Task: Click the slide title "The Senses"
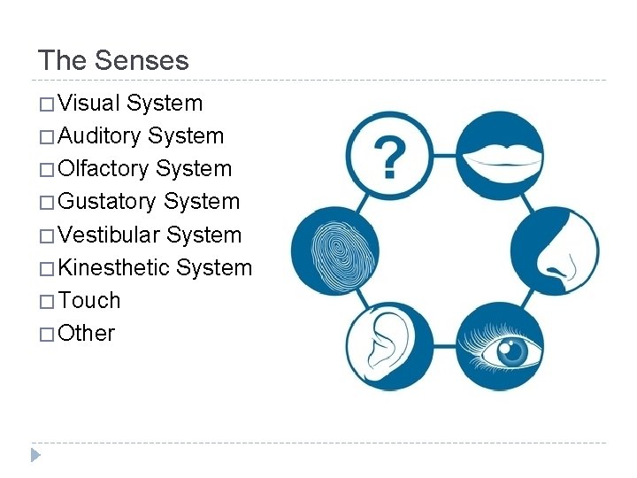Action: click(x=113, y=60)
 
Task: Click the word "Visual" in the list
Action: click(x=88, y=104)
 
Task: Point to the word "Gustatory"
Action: click(x=107, y=202)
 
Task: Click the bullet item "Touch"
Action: click(x=89, y=300)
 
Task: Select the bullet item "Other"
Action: click(x=87, y=333)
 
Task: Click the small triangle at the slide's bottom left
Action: click(x=35, y=456)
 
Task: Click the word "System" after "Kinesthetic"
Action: click(x=214, y=267)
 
